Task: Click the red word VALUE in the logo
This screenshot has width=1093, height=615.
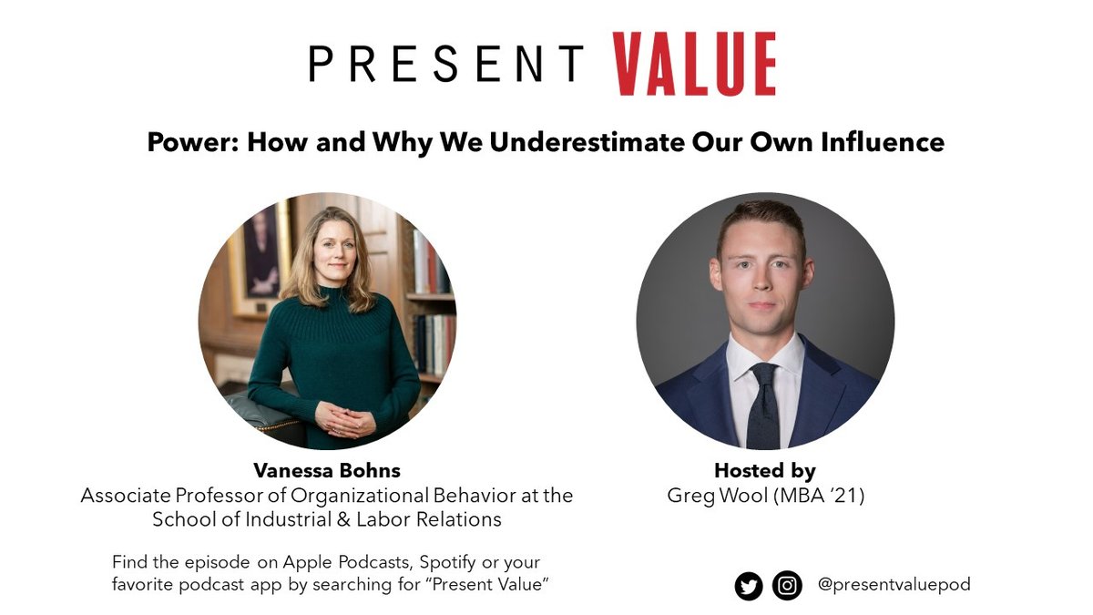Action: (694, 64)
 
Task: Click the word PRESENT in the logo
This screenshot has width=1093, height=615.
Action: (446, 64)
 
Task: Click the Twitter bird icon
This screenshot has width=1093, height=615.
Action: (749, 586)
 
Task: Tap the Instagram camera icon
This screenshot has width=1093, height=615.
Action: (787, 586)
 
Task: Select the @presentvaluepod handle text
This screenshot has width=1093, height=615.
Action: (894, 585)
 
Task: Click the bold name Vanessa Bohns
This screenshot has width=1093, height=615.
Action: (327, 471)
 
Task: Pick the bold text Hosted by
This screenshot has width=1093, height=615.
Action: (765, 471)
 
